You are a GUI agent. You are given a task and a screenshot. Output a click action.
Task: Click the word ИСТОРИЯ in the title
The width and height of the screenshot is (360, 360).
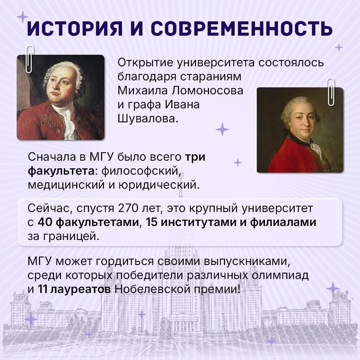(x=75, y=28)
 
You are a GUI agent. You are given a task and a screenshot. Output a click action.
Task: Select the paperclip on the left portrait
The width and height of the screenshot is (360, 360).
(x=30, y=59)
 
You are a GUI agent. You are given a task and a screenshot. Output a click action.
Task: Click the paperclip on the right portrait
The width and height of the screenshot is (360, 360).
(x=331, y=92)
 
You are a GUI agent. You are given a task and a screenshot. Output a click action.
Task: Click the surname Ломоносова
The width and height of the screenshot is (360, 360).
(x=208, y=90)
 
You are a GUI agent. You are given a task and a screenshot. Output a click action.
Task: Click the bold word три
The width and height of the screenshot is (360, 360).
(x=195, y=157)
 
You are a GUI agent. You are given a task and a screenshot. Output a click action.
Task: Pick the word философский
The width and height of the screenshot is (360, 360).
(x=140, y=171)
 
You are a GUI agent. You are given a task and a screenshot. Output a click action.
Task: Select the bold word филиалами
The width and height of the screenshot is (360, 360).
(x=283, y=222)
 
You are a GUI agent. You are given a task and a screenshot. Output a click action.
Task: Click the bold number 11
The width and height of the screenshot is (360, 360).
(x=42, y=289)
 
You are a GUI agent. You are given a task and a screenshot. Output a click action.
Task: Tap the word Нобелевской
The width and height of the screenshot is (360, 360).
(x=153, y=289)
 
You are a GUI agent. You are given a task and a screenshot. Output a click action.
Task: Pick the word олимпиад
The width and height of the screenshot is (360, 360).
(x=280, y=276)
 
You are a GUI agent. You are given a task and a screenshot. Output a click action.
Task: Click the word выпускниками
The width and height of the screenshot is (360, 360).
(x=247, y=262)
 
